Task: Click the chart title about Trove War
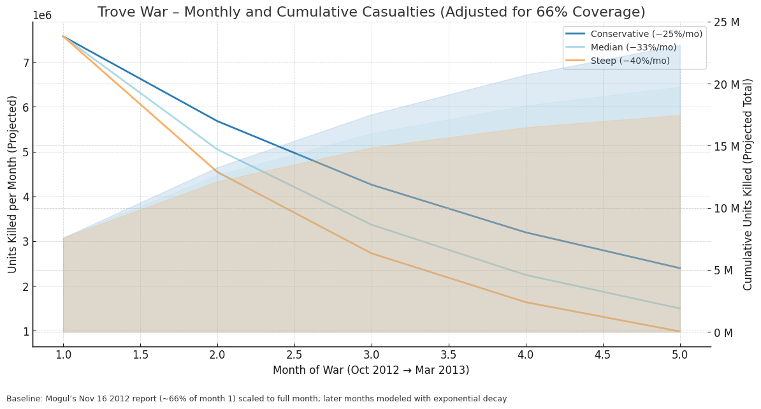371,12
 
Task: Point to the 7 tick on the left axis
26,63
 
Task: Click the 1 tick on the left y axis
26,332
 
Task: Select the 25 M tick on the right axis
726,22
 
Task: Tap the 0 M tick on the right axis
723,332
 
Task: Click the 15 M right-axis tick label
726,146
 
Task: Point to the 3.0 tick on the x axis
372,355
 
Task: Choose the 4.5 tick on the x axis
603,355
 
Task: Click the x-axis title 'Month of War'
371,370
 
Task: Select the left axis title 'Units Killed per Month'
13,184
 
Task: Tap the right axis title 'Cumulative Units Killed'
748,184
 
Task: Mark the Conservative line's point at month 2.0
217,121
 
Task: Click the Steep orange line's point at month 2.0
217,172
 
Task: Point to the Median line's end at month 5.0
680,309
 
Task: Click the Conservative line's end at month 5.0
680,268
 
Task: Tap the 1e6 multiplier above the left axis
42,16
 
